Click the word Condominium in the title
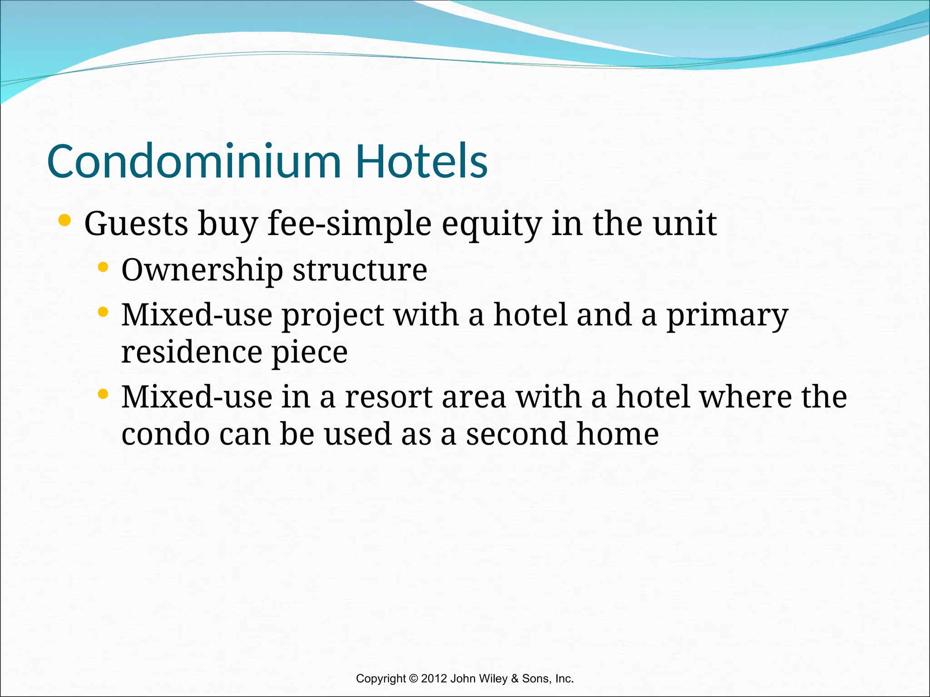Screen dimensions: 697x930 tap(194, 161)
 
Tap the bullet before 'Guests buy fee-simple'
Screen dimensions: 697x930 tap(65, 221)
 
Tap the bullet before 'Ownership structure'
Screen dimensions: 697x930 tap(103, 267)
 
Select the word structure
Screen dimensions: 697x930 tap(360, 270)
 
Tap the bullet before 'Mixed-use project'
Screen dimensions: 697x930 tap(103, 312)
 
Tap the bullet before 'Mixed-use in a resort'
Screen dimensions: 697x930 tap(103, 394)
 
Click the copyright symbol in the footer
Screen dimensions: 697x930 tap(413, 678)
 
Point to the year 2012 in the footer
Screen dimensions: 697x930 tap(434, 678)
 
